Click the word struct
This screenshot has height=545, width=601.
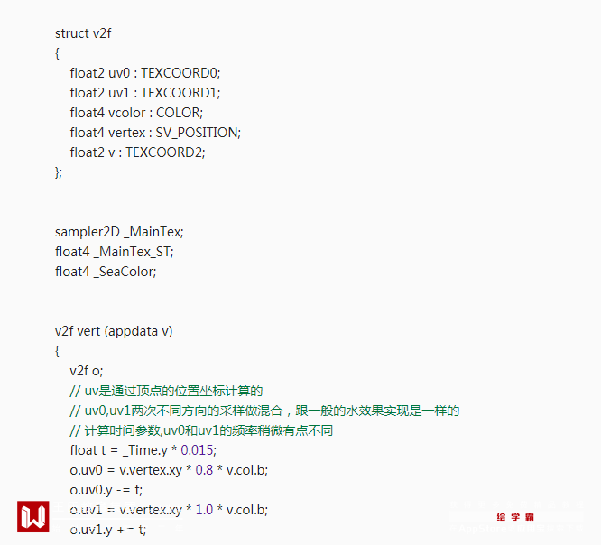point(71,33)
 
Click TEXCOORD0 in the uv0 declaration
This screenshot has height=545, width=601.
point(180,73)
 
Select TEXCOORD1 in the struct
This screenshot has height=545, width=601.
point(180,93)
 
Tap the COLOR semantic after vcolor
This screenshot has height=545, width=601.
point(179,113)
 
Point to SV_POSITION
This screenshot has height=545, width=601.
point(197,133)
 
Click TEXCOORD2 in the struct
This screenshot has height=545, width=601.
point(164,152)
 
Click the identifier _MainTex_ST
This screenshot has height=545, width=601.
point(133,252)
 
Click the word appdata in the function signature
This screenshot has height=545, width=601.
point(132,331)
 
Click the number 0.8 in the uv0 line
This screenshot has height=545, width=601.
point(204,470)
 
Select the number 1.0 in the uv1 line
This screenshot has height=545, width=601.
point(204,510)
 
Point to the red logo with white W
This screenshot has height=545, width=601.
point(33,517)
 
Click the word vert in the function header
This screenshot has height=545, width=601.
point(88,331)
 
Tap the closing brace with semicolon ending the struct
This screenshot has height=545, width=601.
point(59,171)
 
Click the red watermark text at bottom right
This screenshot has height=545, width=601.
point(515,517)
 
